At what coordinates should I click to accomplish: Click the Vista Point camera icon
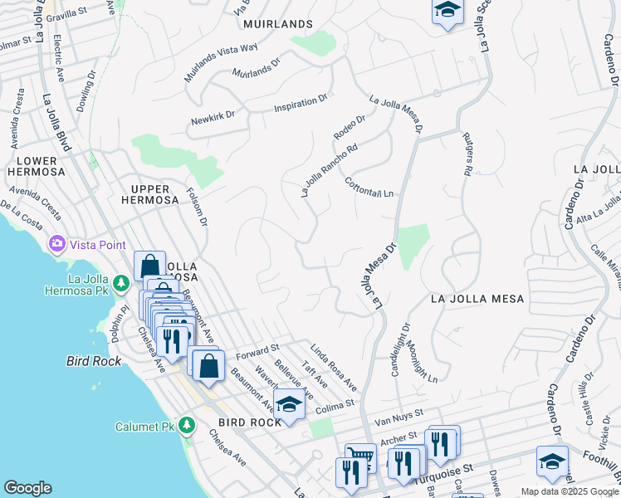point(57,244)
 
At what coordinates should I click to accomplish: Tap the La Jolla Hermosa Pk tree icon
point(122,283)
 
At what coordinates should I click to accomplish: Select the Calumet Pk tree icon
point(188,426)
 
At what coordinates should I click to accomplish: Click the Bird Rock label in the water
point(94,361)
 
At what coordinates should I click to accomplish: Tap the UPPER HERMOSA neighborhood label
point(150,193)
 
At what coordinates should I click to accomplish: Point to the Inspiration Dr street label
point(301,103)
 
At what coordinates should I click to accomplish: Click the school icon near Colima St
point(288,404)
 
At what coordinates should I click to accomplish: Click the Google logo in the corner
point(27,489)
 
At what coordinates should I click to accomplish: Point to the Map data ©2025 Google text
point(570,491)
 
